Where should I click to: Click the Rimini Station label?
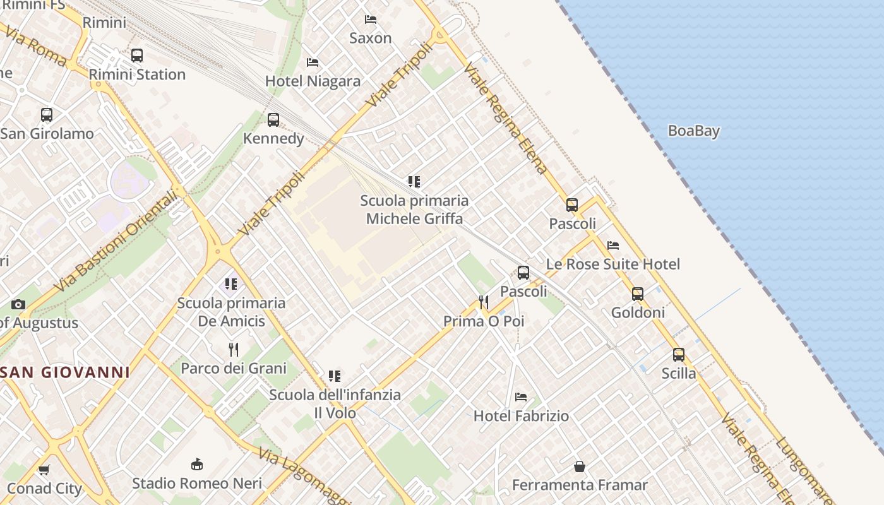[x=137, y=74]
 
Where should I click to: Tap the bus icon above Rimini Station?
[x=137, y=56]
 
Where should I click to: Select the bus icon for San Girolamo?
[x=47, y=115]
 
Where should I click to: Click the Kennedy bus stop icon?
[x=273, y=120]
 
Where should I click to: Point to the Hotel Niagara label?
[x=313, y=81]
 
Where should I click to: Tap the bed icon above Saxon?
[x=371, y=20]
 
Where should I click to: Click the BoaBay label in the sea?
[x=693, y=131]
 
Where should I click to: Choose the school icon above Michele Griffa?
[x=414, y=182]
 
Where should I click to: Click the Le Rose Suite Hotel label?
[x=612, y=264]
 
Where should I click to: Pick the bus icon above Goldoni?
[x=638, y=294]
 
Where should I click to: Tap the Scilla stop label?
[x=679, y=374]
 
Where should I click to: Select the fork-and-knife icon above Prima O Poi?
[x=484, y=302]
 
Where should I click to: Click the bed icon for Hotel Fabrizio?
[x=521, y=397]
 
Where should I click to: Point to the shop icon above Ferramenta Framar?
[x=580, y=466]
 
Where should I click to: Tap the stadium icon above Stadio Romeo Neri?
[x=197, y=465]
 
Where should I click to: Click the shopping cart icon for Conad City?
[x=44, y=470]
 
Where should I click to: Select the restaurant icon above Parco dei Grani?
[x=234, y=349]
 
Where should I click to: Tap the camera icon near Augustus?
[x=18, y=305]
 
